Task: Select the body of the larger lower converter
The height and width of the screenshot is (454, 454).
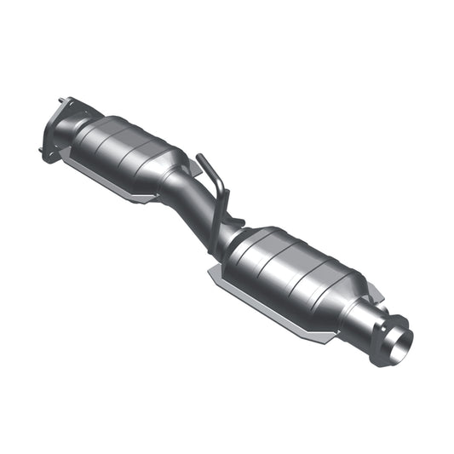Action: (x=294, y=273)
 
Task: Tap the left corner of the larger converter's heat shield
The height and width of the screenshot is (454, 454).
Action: (x=211, y=273)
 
